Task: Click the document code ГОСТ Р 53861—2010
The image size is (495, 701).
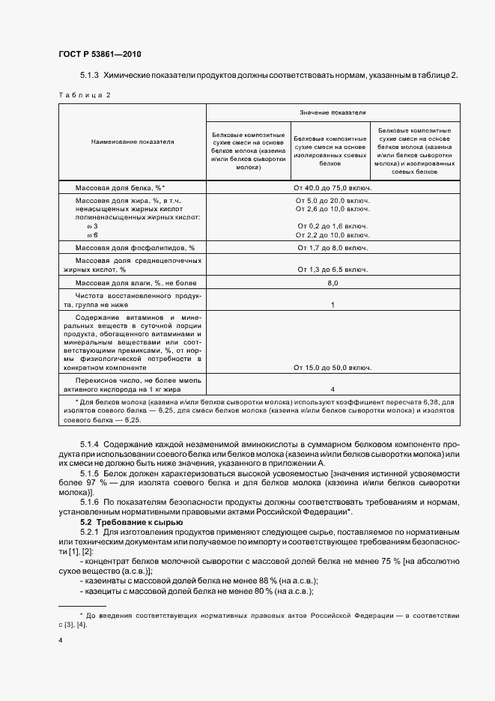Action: click(x=99, y=55)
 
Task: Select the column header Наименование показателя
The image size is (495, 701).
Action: click(x=133, y=142)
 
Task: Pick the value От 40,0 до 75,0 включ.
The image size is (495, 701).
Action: click(x=333, y=188)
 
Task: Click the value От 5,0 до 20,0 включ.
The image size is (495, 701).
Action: click(x=333, y=201)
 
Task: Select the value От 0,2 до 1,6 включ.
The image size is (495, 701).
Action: click(x=333, y=225)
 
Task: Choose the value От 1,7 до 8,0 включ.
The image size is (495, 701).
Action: click(x=333, y=247)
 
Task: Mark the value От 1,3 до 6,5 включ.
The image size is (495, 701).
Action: click(x=333, y=269)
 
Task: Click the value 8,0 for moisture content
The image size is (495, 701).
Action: click(x=333, y=283)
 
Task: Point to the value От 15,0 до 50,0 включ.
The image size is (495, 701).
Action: click(x=333, y=368)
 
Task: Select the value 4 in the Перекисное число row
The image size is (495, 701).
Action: click(x=332, y=390)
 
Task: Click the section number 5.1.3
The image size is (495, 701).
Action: click(x=89, y=76)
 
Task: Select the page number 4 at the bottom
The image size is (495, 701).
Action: click(x=60, y=641)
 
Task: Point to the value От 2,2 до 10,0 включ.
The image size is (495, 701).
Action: click(x=333, y=234)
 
